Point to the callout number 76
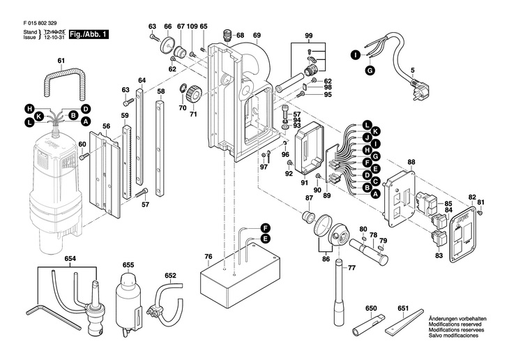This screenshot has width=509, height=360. coord(208,257)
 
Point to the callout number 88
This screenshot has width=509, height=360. coord(411,163)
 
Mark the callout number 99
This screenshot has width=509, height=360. coord(309,36)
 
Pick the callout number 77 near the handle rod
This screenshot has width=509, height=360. coord(352,267)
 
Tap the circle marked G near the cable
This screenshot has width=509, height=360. coord(370,70)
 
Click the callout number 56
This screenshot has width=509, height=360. coord(107,126)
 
